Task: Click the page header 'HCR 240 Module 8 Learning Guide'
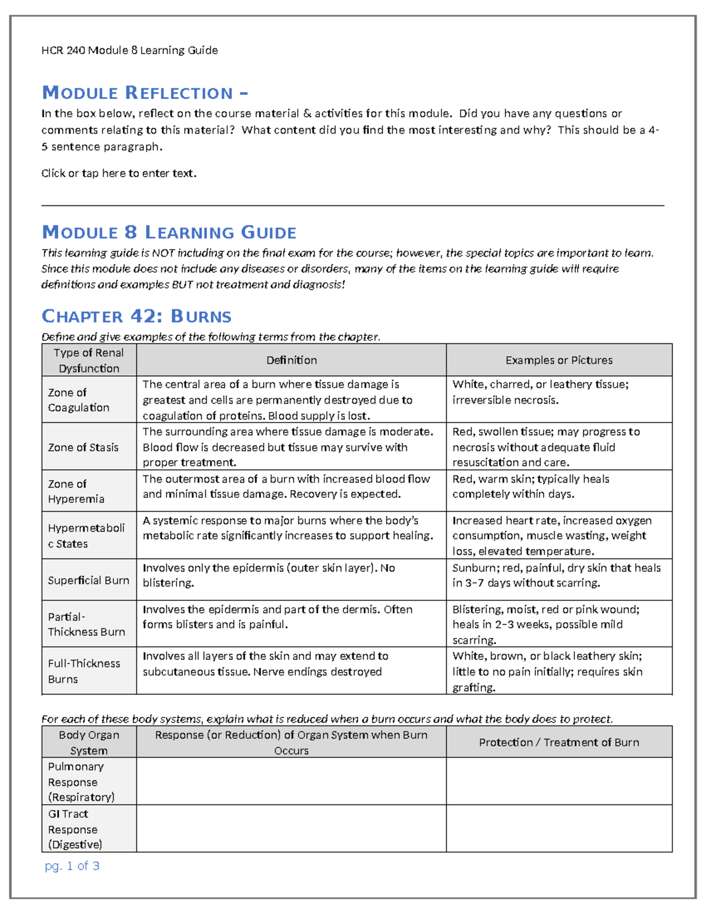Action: click(129, 51)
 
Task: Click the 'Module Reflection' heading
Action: click(145, 93)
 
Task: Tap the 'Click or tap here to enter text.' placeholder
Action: click(119, 173)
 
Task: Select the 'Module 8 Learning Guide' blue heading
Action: click(169, 232)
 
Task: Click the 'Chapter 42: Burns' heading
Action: click(136, 316)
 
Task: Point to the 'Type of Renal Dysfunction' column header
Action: click(89, 360)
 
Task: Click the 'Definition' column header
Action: click(291, 360)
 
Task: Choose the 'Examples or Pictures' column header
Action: click(559, 360)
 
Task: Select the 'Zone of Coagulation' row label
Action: click(78, 400)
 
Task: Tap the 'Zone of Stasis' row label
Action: click(83, 447)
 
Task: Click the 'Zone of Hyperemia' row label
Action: click(76, 491)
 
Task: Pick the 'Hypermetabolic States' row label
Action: click(86, 536)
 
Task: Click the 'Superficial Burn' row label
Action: click(88, 580)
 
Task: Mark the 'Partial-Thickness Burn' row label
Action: click(86, 624)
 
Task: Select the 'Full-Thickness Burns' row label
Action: click(84, 671)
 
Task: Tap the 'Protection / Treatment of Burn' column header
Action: click(559, 742)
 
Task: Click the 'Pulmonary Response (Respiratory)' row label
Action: click(81, 782)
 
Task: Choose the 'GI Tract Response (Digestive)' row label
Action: click(75, 829)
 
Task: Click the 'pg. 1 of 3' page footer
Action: click(72, 866)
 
